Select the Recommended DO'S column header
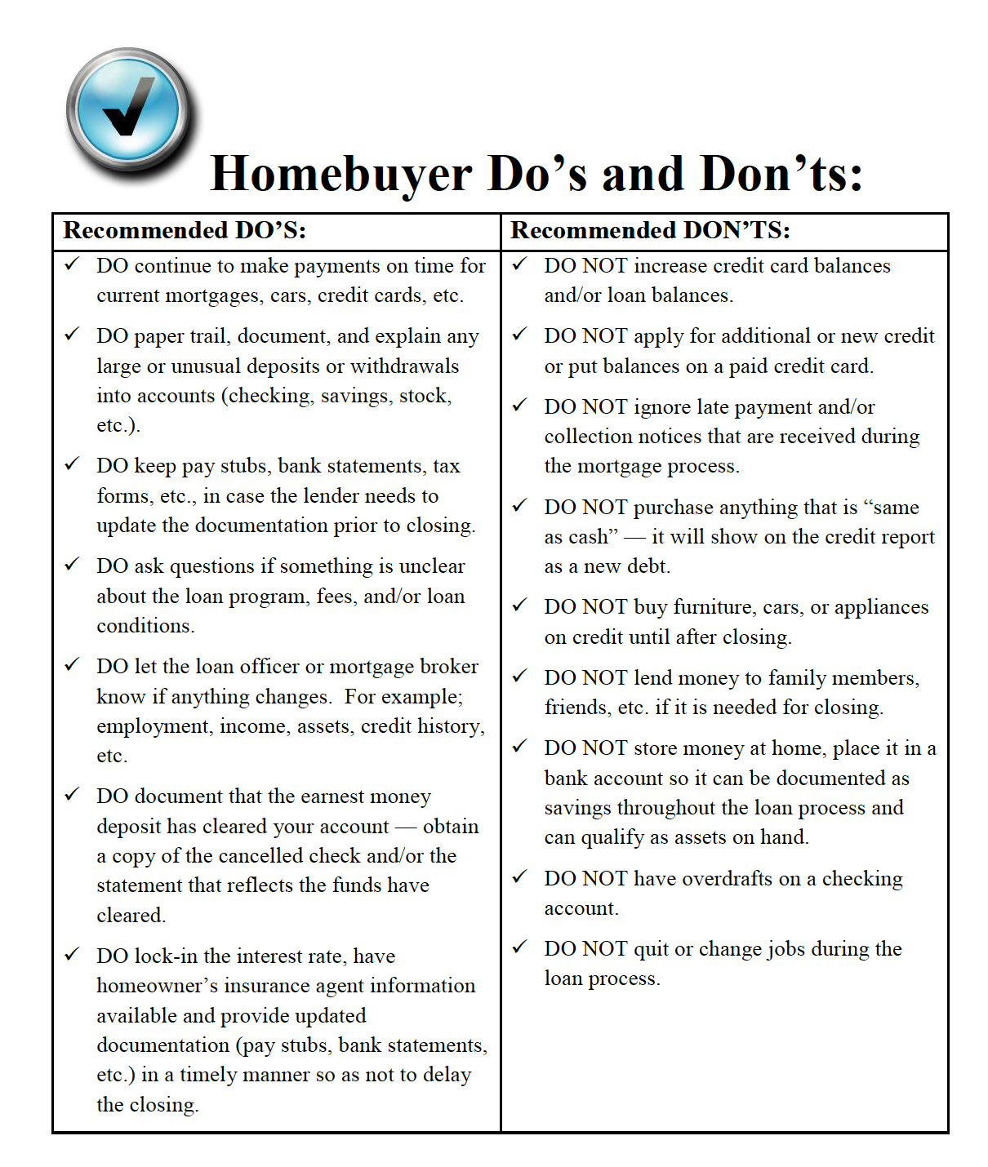click(x=185, y=231)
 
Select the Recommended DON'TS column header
click(x=650, y=231)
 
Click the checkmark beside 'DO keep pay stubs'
click(x=73, y=464)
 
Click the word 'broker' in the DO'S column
click(x=448, y=667)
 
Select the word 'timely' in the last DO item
click(x=211, y=1075)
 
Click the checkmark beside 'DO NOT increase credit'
click(x=520, y=264)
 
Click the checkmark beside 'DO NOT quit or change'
click(x=520, y=947)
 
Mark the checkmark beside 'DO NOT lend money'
click(x=520, y=676)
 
